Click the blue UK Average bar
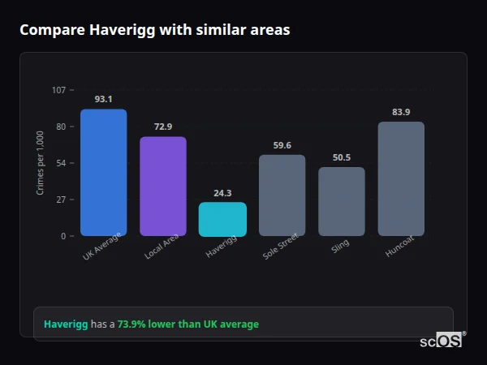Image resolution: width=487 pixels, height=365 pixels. (x=103, y=173)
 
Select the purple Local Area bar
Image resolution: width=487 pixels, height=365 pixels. (x=163, y=187)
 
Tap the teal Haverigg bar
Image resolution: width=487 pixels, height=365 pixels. (x=222, y=219)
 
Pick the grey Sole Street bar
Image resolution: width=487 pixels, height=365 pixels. (x=282, y=195)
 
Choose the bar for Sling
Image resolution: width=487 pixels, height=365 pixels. (x=342, y=201)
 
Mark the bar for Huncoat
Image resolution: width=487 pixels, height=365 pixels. (x=401, y=178)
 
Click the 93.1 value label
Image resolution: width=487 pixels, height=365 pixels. (x=103, y=99)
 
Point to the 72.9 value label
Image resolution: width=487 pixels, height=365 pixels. (x=163, y=127)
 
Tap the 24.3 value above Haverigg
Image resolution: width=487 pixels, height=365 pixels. (x=222, y=192)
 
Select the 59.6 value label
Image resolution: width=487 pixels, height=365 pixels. (x=282, y=145)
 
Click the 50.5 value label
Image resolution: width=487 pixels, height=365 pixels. (x=342, y=157)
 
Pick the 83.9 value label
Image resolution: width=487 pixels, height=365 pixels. (x=401, y=112)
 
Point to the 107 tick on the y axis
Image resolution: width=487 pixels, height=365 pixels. (x=58, y=89)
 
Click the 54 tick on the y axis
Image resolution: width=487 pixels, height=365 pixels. (x=61, y=163)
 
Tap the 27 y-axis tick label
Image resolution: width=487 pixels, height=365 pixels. (x=61, y=200)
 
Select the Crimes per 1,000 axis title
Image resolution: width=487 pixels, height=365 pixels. (x=41, y=163)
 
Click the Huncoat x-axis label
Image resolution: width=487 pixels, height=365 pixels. (x=399, y=247)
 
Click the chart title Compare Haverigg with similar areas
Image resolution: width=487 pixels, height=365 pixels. (x=154, y=30)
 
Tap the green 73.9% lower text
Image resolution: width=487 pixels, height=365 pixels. (x=188, y=324)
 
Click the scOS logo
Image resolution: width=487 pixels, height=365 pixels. (x=442, y=341)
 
